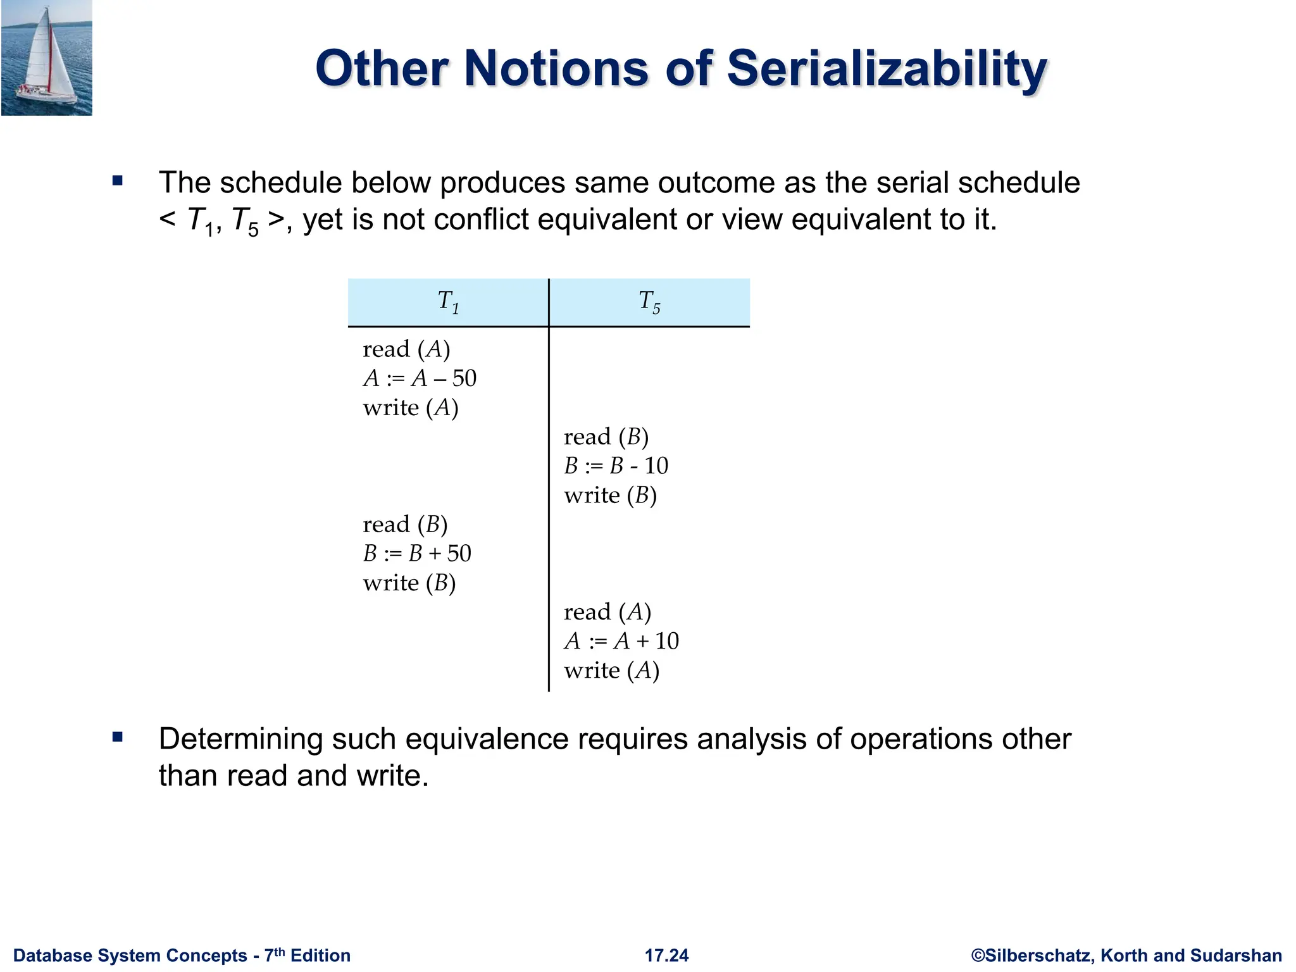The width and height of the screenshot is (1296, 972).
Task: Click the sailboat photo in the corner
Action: click(x=47, y=58)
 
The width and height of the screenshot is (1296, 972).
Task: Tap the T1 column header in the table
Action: click(x=448, y=302)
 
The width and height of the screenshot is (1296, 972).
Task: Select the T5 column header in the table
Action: click(x=649, y=302)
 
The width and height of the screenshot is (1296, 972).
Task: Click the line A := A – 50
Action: click(x=420, y=378)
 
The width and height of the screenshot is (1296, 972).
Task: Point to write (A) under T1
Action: click(x=411, y=408)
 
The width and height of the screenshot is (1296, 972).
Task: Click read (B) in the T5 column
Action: click(x=606, y=437)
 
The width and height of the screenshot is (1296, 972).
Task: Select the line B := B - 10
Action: click(x=616, y=466)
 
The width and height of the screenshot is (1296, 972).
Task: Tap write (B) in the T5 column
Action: click(x=610, y=495)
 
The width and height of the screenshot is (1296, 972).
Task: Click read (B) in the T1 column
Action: click(x=405, y=525)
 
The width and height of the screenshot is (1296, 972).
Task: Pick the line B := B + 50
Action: click(x=417, y=554)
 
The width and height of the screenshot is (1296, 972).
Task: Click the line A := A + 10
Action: click(x=621, y=642)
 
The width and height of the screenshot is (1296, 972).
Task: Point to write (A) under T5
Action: click(x=611, y=671)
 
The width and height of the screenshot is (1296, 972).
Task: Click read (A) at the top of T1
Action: click(x=406, y=349)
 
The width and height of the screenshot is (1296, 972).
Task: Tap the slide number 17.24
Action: click(x=666, y=956)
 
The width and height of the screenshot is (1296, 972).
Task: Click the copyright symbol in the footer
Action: click(x=978, y=956)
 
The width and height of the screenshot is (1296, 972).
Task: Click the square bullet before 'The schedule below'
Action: click(x=117, y=182)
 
